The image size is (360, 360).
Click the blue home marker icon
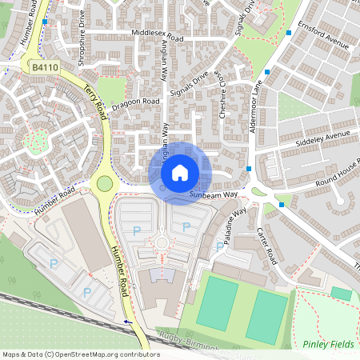[x=180, y=173]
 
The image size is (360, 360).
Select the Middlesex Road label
[x=157, y=38]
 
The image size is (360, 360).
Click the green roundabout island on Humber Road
[x=105, y=184]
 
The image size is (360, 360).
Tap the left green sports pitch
[x=218, y=303]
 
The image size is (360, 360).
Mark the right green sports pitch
[x=266, y=316]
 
